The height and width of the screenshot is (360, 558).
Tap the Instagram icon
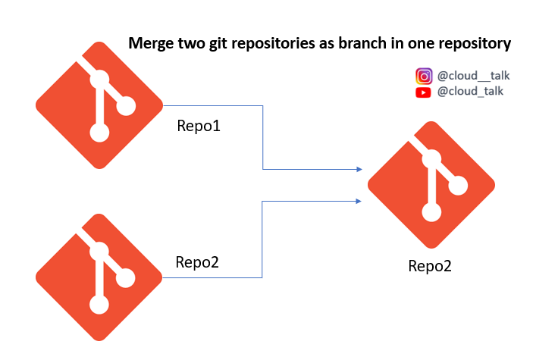tap(424, 76)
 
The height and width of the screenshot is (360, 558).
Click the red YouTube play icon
tap(423, 92)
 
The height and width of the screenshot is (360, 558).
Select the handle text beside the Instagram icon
tap(473, 76)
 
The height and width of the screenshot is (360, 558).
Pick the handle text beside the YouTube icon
tap(470, 92)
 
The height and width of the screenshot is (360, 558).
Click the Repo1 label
tap(199, 126)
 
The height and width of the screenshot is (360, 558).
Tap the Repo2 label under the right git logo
tap(430, 266)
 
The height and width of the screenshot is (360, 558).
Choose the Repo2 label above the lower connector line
tap(197, 262)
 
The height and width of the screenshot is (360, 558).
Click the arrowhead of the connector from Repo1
tap(359, 169)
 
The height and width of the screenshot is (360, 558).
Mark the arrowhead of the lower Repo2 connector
tap(359, 202)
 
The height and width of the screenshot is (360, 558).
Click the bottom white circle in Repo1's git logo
tap(99, 133)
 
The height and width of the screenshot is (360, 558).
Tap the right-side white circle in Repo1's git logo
tap(126, 106)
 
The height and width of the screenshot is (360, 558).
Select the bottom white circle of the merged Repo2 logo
tap(431, 212)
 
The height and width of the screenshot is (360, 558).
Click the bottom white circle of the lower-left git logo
tap(99, 305)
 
